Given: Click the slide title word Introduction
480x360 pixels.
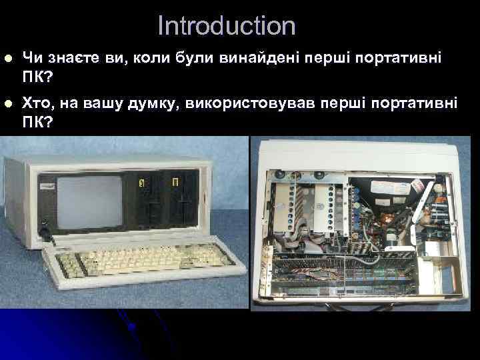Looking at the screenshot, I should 226,26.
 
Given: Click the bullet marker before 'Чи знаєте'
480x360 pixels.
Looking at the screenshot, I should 7,59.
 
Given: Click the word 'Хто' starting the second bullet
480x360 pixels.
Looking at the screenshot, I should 36,104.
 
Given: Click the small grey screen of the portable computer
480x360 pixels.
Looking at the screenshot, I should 90,201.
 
